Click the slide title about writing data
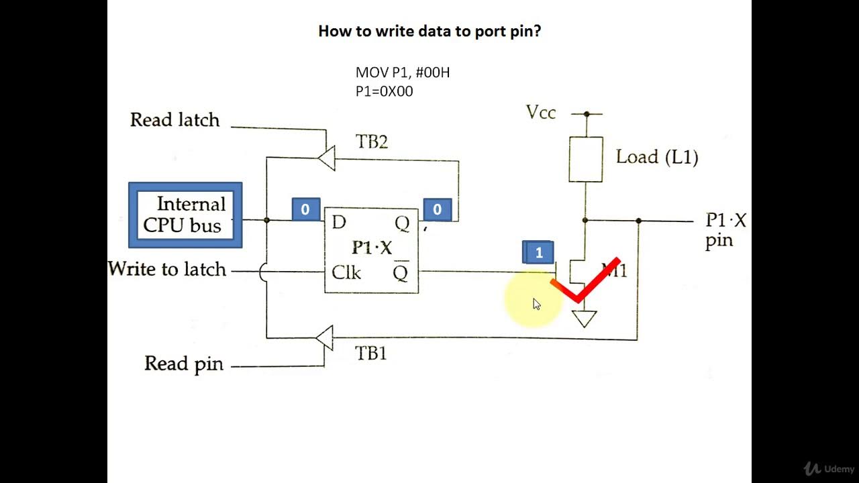429,31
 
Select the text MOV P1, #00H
402,72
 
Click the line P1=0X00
384,91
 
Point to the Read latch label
174,120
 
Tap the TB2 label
371,142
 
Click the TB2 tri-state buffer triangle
326,159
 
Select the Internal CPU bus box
185,215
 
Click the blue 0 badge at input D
305,209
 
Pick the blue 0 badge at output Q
437,209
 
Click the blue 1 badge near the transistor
538,253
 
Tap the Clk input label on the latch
346,273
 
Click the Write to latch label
167,270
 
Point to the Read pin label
183,364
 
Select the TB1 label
370,354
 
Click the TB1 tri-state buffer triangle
325,337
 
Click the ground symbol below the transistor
585,319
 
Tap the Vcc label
540,113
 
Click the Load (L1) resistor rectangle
585,159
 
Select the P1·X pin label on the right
725,230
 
